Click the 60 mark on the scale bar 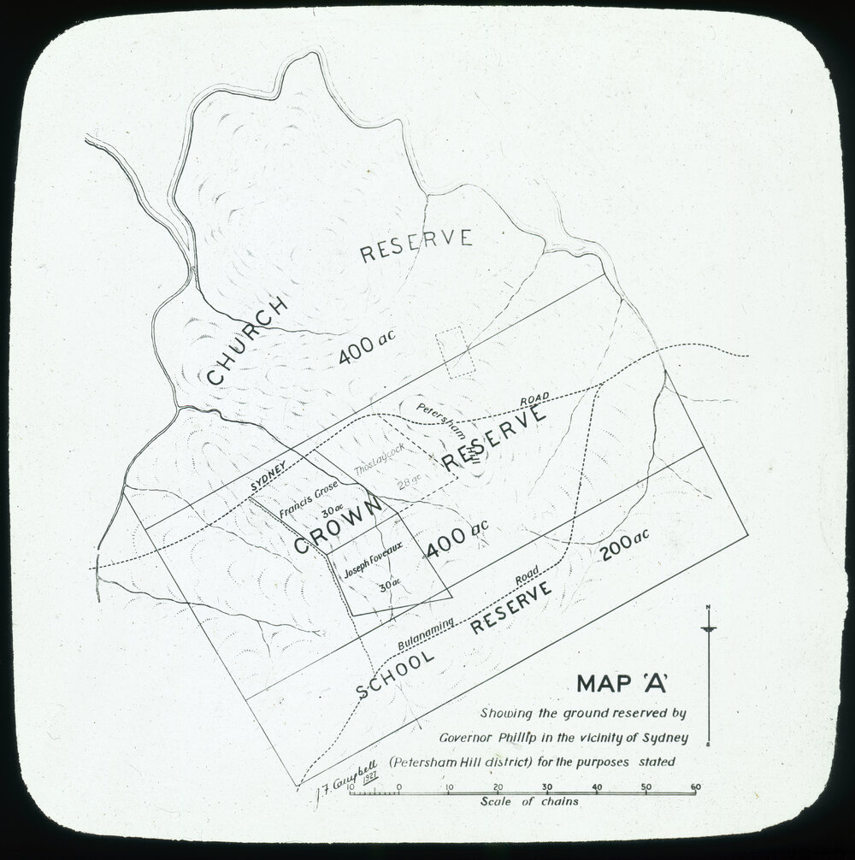(695, 786)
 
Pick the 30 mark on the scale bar (547, 786)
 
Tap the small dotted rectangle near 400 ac (455, 351)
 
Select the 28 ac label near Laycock (409, 482)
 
